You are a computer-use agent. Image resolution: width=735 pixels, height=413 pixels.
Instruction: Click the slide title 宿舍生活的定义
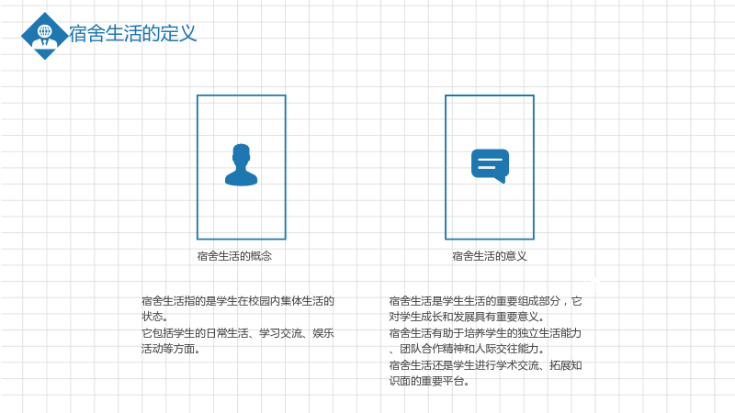(132, 34)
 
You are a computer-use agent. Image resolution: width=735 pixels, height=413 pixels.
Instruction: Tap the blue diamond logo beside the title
(44, 36)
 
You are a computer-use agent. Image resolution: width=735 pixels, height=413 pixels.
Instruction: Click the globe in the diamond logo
(44, 31)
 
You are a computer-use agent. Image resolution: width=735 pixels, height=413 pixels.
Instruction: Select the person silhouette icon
(241, 165)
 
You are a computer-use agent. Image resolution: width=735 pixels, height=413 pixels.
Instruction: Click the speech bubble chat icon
(490, 166)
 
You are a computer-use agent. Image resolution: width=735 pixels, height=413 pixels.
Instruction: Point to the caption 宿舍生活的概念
(234, 256)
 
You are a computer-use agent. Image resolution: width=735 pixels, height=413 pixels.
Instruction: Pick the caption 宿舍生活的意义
(490, 256)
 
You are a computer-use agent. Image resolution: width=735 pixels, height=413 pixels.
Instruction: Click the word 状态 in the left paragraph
(153, 317)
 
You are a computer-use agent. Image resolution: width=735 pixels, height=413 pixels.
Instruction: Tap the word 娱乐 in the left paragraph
(323, 333)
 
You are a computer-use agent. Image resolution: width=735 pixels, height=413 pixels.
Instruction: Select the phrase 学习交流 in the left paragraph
(280, 333)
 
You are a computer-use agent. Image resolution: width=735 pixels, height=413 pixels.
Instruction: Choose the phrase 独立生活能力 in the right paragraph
(549, 333)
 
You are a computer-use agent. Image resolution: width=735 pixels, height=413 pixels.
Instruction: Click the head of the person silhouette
(241, 153)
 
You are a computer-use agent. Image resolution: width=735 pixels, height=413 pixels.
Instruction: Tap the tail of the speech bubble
(502, 180)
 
